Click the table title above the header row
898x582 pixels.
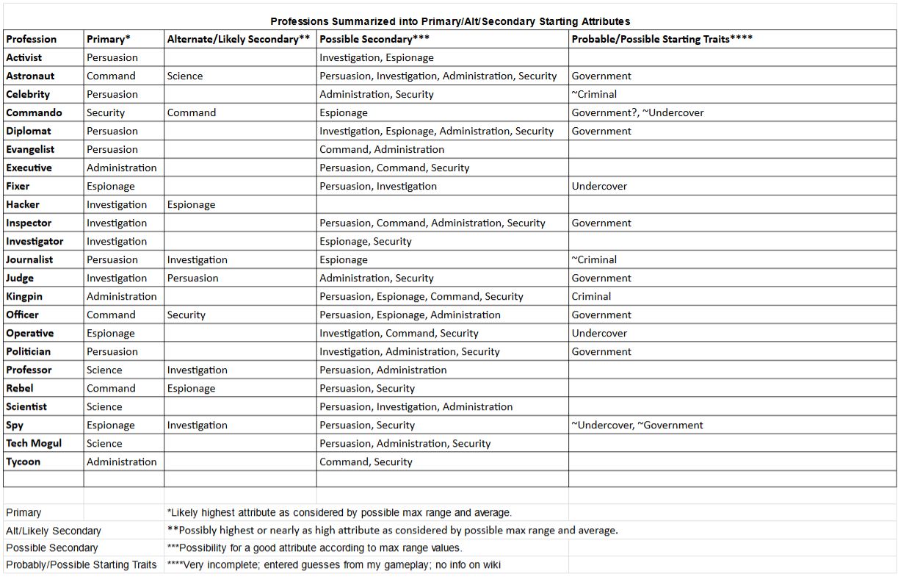click(450, 21)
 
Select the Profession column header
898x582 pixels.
click(32, 39)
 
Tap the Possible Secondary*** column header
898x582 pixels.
click(374, 39)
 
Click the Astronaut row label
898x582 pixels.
click(30, 76)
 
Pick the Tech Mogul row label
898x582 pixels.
click(34, 443)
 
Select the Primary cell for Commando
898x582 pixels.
click(106, 112)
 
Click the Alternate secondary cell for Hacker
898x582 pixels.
click(191, 204)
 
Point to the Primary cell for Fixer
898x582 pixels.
click(111, 186)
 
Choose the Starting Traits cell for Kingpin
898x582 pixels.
click(591, 296)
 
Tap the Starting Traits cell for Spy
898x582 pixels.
click(637, 425)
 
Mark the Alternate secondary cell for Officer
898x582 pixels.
click(187, 315)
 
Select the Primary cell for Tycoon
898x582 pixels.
click(122, 461)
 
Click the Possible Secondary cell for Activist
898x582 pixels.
click(377, 57)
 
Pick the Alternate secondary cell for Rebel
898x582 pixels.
click(191, 388)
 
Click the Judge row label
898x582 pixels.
click(20, 278)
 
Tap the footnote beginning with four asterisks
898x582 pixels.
click(334, 565)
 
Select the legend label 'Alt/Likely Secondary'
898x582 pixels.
click(54, 531)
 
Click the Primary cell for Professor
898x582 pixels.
click(104, 370)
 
